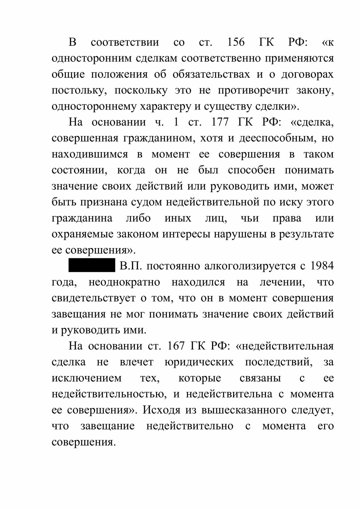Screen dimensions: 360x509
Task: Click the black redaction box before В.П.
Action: (92, 266)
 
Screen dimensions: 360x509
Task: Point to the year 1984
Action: (322, 266)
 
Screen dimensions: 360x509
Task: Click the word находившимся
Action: (90, 154)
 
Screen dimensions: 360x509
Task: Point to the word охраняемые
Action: (83, 234)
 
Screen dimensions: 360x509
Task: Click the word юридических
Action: (199, 362)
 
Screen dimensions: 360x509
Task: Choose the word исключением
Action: (87, 378)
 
